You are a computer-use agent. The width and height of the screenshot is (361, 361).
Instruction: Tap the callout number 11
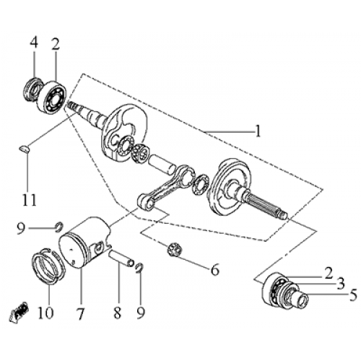(x=27, y=197)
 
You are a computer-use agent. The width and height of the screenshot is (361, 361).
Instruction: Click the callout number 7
(x=81, y=314)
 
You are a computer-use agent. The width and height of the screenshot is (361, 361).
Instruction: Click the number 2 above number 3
(x=329, y=272)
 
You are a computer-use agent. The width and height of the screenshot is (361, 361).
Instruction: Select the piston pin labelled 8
(x=121, y=258)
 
